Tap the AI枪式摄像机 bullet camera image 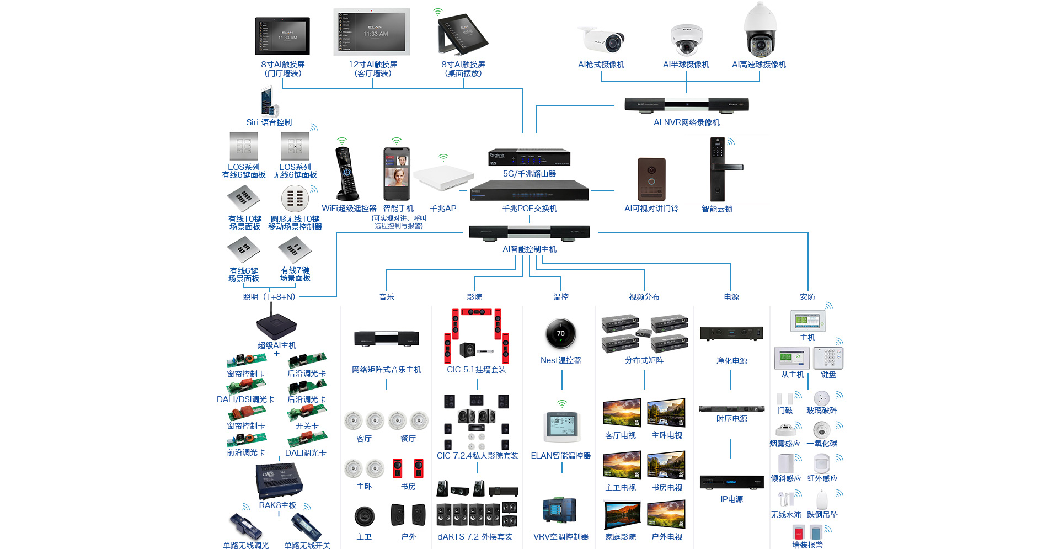pos(602,40)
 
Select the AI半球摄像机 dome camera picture pos(686,40)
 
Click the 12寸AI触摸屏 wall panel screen pos(372,32)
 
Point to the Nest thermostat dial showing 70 pos(560,333)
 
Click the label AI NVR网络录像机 pos(686,122)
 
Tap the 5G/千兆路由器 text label pos(529,174)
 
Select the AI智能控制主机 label pos(529,249)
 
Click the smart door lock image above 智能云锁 pos(719,169)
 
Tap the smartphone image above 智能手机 pos(397,174)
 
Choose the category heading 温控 pos(560,297)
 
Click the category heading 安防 pos(807,297)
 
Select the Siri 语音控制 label pos(269,122)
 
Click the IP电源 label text pos(731,499)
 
